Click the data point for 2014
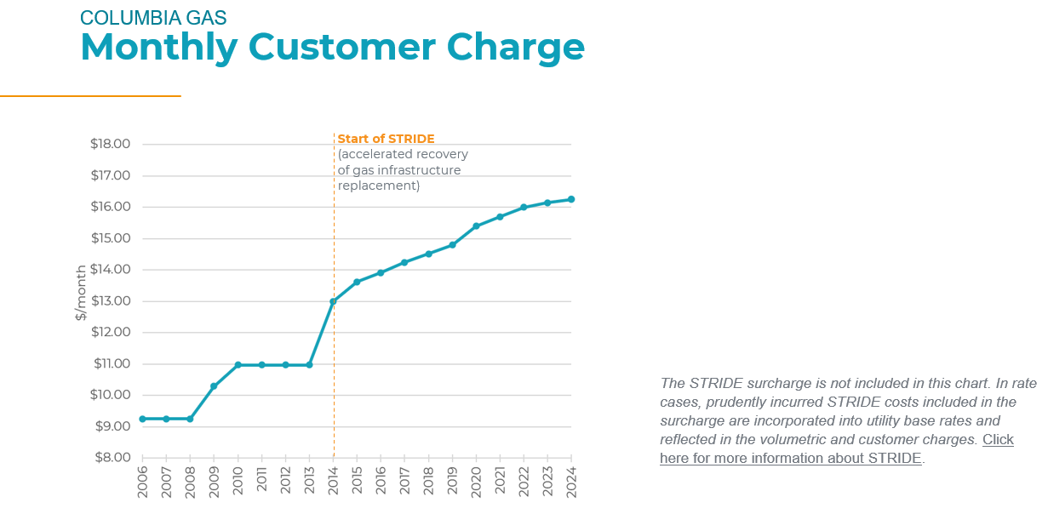coord(334,301)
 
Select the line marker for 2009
coord(214,386)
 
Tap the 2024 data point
coord(571,199)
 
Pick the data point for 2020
coord(476,226)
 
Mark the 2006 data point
coord(142,419)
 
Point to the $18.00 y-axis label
coord(110,144)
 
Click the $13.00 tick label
coord(110,301)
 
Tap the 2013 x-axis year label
coord(309,481)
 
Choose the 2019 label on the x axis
coord(452,481)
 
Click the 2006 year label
coord(142,481)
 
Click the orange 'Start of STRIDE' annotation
coord(386,139)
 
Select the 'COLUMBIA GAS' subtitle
coord(153,17)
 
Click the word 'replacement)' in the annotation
coord(379,186)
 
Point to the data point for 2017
coord(404,262)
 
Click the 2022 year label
coord(524,481)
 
